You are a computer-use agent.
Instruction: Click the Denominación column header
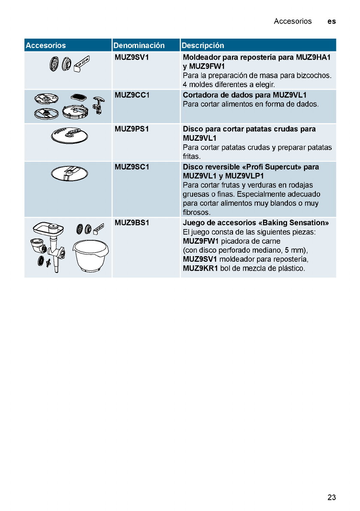click(x=139, y=45)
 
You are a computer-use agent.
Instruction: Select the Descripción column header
click(x=203, y=45)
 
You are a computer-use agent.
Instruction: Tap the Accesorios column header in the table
click(x=45, y=45)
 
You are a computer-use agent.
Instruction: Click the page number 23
click(x=331, y=498)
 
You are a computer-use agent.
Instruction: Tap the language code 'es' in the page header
click(x=331, y=21)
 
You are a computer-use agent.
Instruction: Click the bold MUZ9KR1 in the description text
click(x=200, y=269)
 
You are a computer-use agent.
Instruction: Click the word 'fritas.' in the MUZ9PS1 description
click(x=192, y=157)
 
